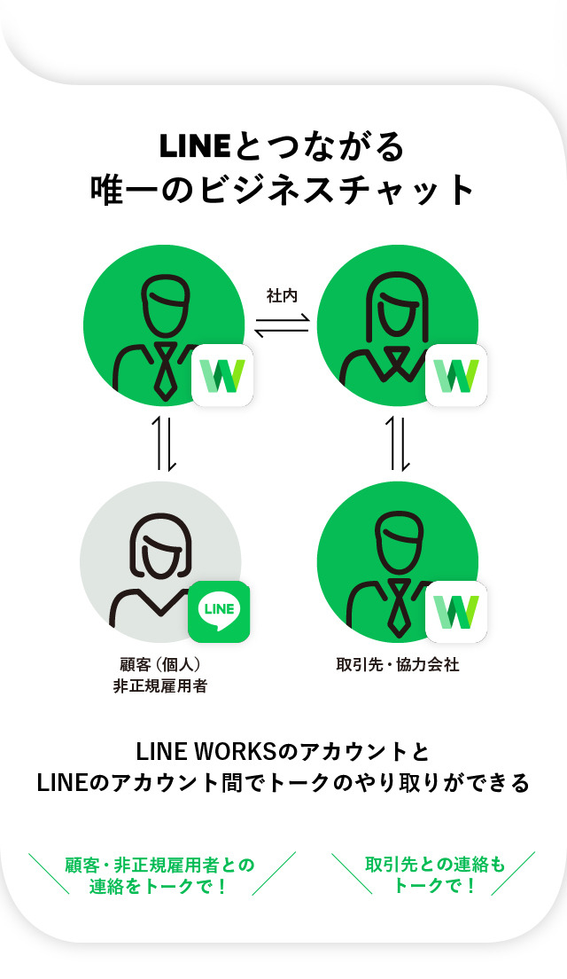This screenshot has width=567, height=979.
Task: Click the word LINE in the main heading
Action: coord(195,146)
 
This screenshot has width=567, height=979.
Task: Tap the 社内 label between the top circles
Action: coord(283,296)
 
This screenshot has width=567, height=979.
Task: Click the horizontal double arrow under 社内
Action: coord(282,325)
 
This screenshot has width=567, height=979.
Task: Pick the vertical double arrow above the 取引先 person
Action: coord(400,443)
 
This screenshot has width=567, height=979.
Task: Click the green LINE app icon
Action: coord(219,612)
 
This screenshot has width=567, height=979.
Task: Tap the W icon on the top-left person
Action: coord(222,375)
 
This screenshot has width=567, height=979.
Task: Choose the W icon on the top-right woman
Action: coord(456,375)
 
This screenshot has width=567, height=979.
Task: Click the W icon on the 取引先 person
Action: coord(456,612)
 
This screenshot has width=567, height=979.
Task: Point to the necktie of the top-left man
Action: coord(166,371)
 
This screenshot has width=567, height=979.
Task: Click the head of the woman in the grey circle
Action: coord(161,545)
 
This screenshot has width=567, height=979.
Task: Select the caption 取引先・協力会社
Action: coord(398,664)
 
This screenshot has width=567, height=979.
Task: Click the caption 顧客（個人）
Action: coord(160,664)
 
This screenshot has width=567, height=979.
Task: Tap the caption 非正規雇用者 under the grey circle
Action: coord(160,686)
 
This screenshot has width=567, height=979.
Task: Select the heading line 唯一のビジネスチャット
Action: coord(283,190)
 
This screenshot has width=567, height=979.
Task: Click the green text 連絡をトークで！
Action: coord(159,886)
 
